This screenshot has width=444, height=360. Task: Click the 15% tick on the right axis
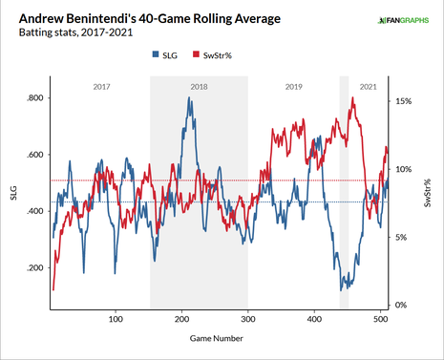pyautogui.click(x=404, y=100)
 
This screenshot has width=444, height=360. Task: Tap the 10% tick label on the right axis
pyautogui.click(x=404, y=169)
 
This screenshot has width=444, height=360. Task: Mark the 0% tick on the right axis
pyautogui.click(x=404, y=305)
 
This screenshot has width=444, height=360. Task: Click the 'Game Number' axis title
pyautogui.click(x=215, y=338)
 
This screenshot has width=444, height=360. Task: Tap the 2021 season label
pyautogui.click(x=367, y=87)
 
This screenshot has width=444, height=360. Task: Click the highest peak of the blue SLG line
pyautogui.click(x=189, y=97)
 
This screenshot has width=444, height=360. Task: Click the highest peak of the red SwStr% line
pyautogui.click(x=354, y=97)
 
